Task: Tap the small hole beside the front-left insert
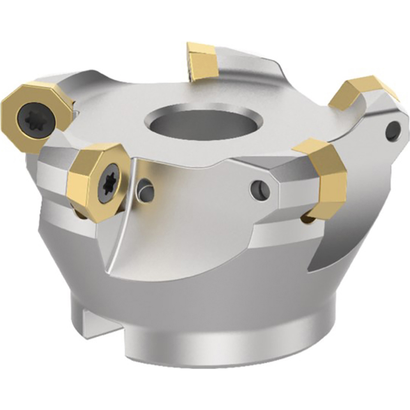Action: tap(146, 190)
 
